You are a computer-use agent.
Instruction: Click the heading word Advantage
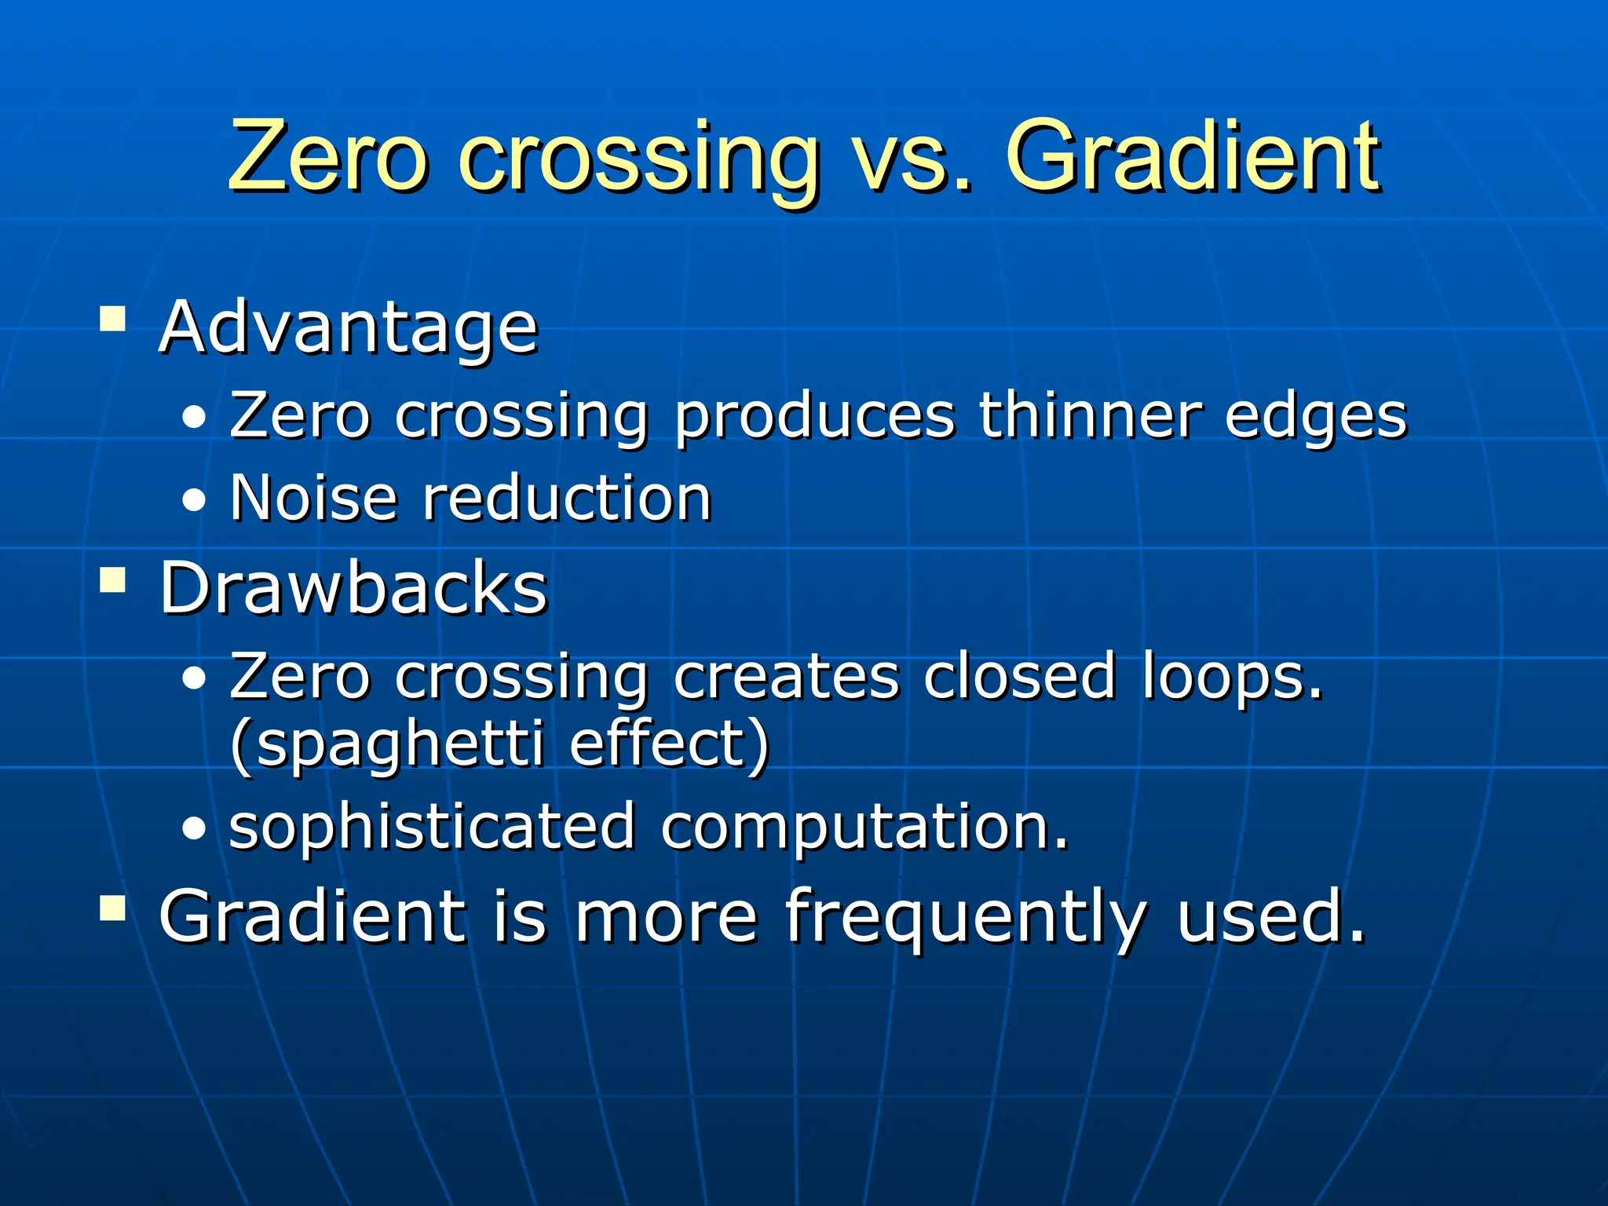(348, 327)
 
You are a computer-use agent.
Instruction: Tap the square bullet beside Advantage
(113, 319)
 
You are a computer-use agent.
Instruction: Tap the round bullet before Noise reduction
(194, 500)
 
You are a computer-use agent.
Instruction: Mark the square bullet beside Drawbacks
(113, 581)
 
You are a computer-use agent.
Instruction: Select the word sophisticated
(432, 828)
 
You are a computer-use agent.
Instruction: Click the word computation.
(864, 829)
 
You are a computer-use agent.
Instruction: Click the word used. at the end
(1270, 917)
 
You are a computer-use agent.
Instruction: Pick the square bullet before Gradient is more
(113, 908)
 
